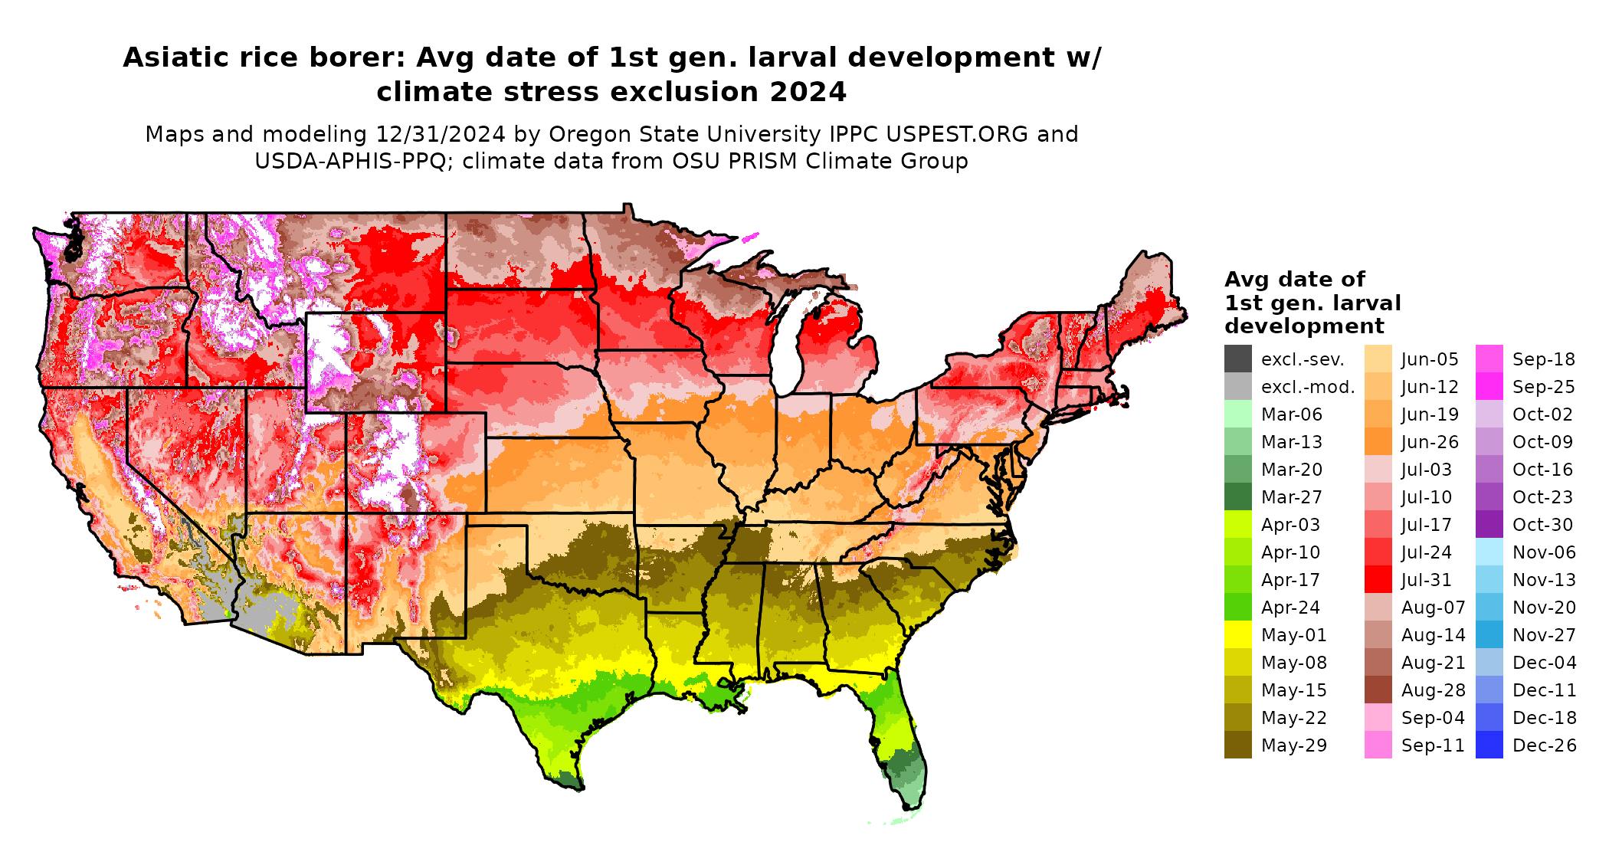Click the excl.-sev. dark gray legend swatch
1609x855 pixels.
pos(1237,359)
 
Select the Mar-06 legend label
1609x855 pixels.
pos(1291,414)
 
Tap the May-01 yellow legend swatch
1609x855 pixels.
pos(1237,635)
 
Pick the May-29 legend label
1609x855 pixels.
pos(1293,745)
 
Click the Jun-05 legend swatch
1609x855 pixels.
pos(1378,359)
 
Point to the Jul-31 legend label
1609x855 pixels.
pos(1426,580)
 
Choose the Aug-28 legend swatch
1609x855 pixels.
pos(1378,690)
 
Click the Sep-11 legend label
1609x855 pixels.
pos(1433,745)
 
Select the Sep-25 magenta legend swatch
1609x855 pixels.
pos(1489,387)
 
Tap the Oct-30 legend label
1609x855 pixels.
pos(1542,525)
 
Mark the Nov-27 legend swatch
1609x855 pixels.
pos(1489,635)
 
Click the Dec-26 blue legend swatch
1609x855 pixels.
pos(1489,745)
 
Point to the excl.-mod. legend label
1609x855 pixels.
pos(1307,387)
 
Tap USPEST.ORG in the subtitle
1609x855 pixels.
pos(956,134)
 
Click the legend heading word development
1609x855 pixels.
pos(1303,326)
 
